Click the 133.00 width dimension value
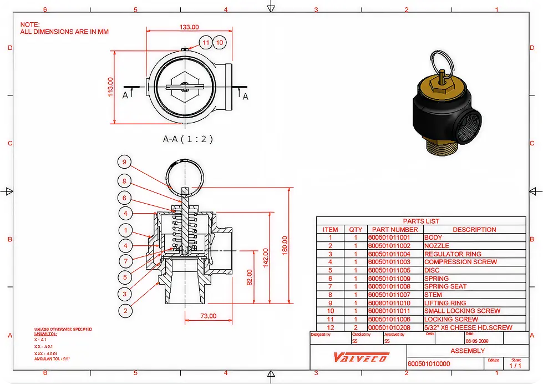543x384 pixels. point(189,27)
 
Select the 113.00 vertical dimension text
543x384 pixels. point(110,87)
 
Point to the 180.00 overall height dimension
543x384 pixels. point(284,245)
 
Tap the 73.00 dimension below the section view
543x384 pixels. point(207,316)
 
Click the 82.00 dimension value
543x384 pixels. point(249,277)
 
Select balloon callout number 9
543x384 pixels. point(125,162)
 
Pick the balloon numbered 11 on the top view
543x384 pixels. point(206,42)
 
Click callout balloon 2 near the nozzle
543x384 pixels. point(125,311)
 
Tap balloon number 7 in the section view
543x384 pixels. point(125,261)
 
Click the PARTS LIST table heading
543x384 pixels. point(421,221)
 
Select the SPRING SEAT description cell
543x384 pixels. point(445,286)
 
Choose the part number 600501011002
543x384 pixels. point(389,245)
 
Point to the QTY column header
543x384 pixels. point(356,229)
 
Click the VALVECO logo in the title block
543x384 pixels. point(361,357)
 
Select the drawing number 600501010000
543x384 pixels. point(429,363)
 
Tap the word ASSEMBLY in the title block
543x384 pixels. point(468,351)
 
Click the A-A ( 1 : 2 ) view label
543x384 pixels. point(187,139)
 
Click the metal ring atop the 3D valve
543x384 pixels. point(441,60)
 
